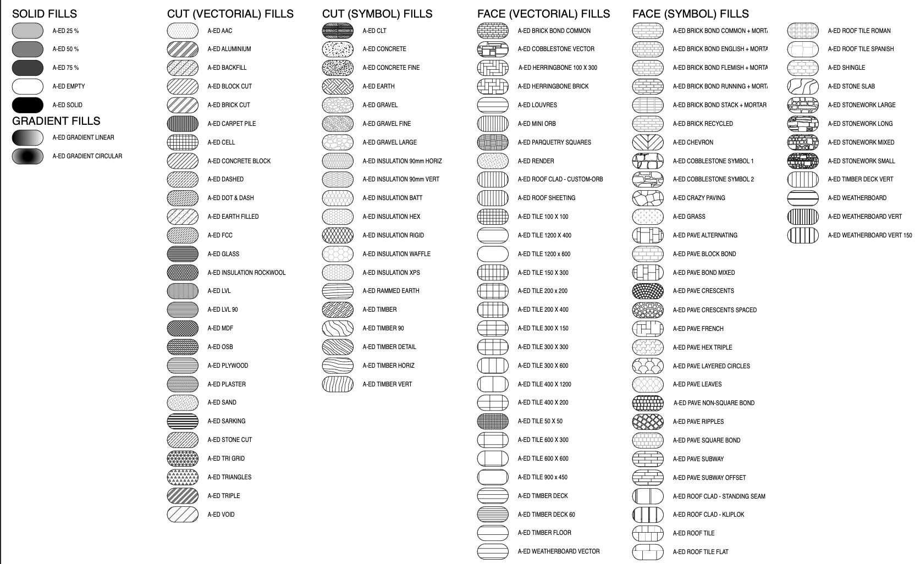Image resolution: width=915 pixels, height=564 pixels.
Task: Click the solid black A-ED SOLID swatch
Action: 27,105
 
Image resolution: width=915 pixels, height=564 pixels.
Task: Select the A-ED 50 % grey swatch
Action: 27,49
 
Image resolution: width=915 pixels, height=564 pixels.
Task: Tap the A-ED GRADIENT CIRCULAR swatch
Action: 27,156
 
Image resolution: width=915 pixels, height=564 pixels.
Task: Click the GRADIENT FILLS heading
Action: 56,121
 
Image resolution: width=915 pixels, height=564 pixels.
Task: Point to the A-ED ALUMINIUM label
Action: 229,49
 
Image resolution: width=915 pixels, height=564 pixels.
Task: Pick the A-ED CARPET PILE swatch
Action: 183,124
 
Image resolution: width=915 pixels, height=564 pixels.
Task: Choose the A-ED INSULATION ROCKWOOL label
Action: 246,273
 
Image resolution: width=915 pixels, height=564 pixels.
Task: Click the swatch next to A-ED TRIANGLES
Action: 183,477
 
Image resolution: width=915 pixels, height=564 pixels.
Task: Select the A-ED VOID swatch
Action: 183,515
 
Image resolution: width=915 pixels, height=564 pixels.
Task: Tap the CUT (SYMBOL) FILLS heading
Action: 377,14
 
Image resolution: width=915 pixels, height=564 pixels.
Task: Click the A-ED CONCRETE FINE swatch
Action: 338,68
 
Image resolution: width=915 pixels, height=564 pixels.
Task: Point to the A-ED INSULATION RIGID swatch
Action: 338,235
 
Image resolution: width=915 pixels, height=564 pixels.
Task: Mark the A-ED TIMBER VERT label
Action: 387,384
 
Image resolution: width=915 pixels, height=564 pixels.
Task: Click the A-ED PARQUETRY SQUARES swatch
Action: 493,142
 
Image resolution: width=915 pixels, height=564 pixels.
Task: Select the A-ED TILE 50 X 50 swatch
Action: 493,421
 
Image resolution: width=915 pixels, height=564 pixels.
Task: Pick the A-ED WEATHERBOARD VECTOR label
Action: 559,551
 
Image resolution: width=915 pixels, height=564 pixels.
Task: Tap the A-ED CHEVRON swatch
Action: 648,142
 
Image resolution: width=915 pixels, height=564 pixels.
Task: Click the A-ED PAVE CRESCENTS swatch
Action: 648,291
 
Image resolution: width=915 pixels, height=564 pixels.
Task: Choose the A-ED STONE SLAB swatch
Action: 803,86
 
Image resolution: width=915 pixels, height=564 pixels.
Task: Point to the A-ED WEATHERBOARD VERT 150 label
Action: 869,235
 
